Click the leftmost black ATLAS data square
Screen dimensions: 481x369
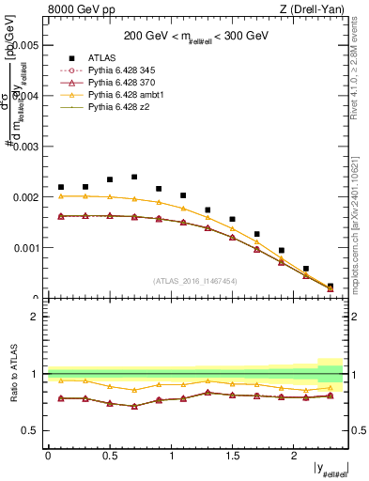pyautogui.click(x=61, y=187)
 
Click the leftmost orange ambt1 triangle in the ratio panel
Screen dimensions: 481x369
pyautogui.click(x=61, y=380)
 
